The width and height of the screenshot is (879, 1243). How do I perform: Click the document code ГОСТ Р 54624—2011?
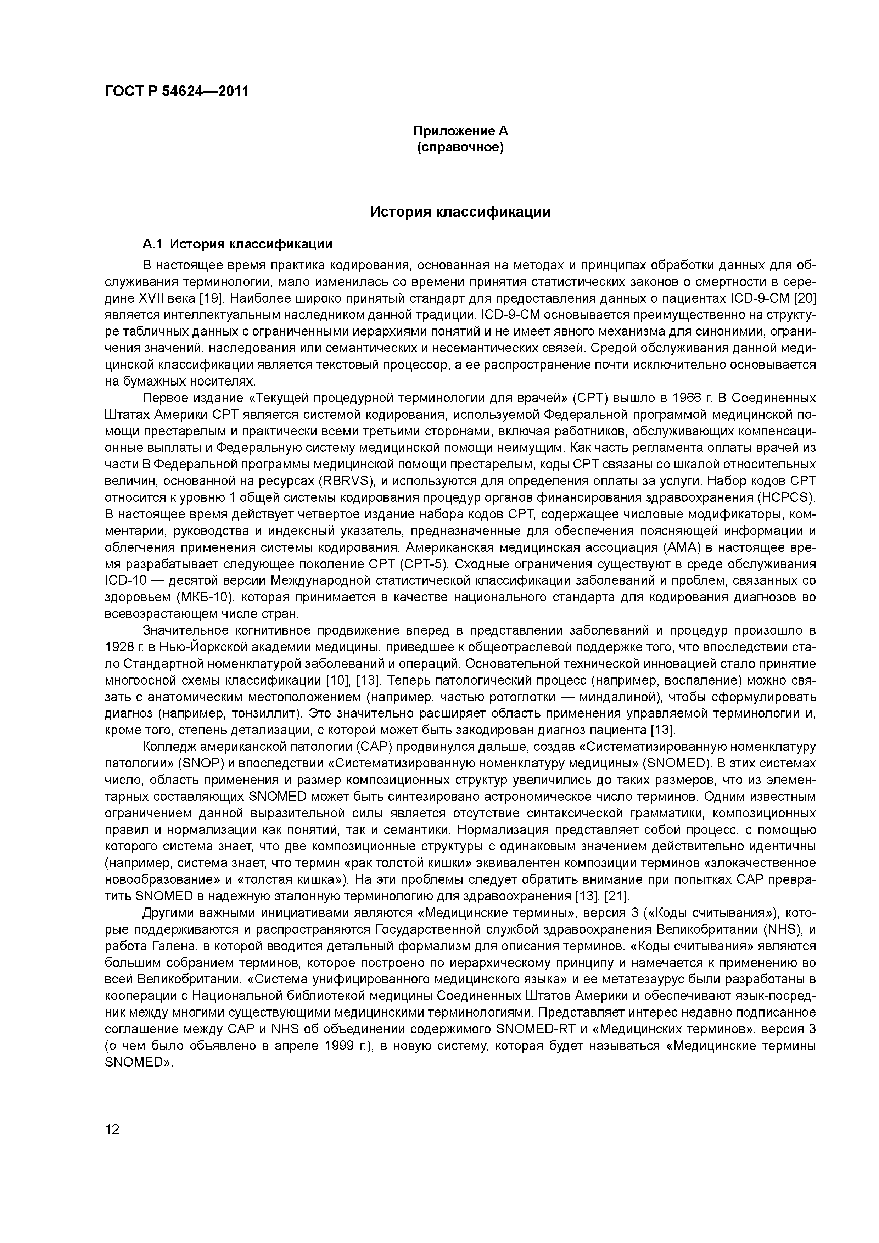[177, 91]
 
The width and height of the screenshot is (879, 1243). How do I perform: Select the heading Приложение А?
[460, 131]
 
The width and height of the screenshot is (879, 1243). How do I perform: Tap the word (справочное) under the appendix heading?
[460, 147]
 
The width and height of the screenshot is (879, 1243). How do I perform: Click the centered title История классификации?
[460, 212]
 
